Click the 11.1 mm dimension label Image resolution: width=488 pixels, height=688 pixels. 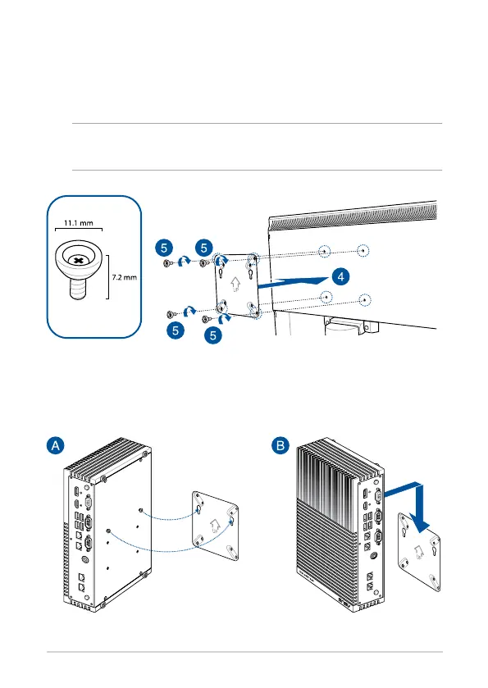pyautogui.click(x=79, y=223)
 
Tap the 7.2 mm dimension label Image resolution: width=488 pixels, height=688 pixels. pyautogui.click(x=124, y=277)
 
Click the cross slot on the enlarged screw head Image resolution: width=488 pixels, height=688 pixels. pyautogui.click(x=78, y=261)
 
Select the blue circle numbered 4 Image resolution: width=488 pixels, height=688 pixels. pyautogui.click(x=340, y=276)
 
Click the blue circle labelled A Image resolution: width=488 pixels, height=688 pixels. pyautogui.click(x=56, y=446)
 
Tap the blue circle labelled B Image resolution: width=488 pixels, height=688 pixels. pyautogui.click(x=280, y=446)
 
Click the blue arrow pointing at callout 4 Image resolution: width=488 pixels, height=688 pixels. pyautogui.click(x=292, y=282)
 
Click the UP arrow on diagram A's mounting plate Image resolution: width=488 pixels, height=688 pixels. pyautogui.click(x=215, y=525)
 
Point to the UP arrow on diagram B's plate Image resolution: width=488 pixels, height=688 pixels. pyautogui.click(x=419, y=552)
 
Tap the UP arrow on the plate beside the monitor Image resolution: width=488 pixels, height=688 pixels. pyautogui.click(x=235, y=285)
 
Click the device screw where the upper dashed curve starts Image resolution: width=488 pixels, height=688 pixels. pyautogui.click(x=140, y=510)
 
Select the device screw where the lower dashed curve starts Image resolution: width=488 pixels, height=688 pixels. pyautogui.click(x=109, y=531)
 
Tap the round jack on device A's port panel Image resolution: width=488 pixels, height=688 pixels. pyautogui.click(x=85, y=560)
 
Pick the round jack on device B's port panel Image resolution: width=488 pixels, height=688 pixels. pyautogui.click(x=373, y=555)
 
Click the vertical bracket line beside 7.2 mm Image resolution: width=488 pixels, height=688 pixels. pyautogui.click(x=107, y=277)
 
